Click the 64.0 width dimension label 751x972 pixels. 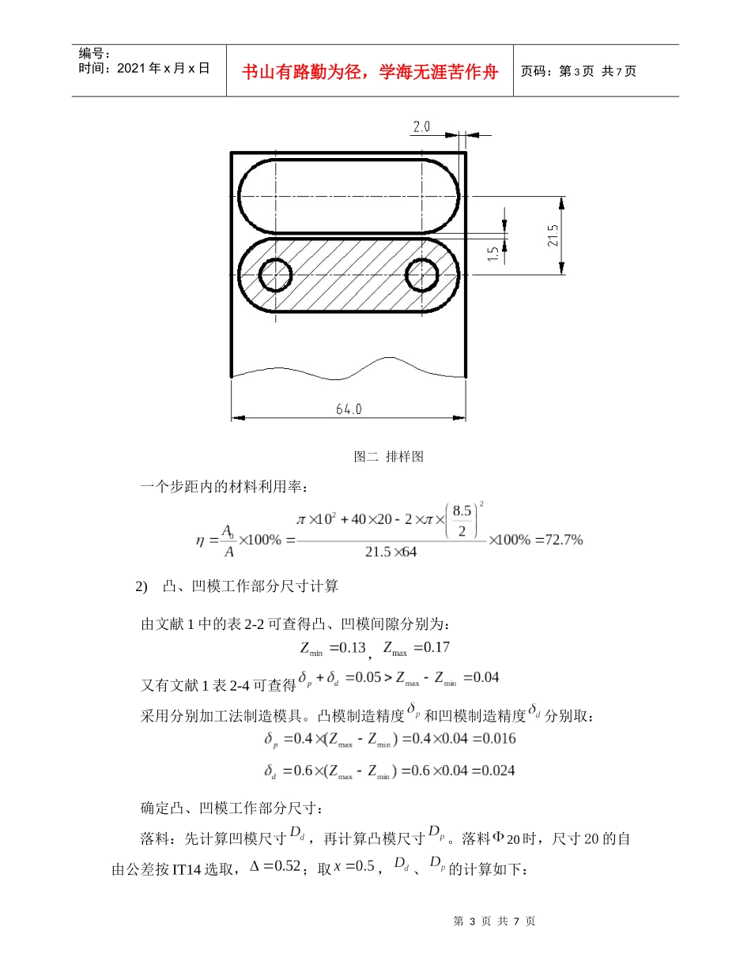click(348, 409)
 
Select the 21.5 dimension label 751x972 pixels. click(553, 235)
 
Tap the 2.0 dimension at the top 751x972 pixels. click(421, 126)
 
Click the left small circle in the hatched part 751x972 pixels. click(276, 274)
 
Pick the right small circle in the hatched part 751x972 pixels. click(421, 274)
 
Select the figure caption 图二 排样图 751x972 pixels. click(388, 457)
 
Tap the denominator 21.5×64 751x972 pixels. click(391, 552)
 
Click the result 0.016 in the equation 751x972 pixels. click(498, 739)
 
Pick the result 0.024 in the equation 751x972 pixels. click(498, 770)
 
